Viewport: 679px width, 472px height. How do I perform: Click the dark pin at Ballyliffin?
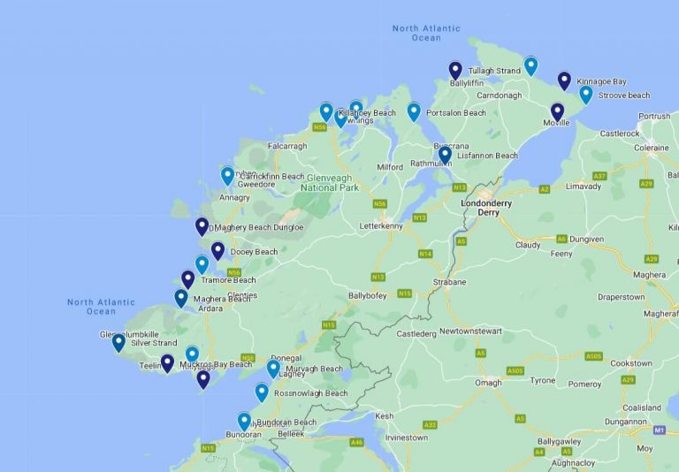click(455, 70)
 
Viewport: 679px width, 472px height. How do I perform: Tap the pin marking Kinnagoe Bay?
click(564, 80)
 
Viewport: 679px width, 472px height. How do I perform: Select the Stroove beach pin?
click(585, 95)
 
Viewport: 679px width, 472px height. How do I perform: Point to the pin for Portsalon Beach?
click(414, 111)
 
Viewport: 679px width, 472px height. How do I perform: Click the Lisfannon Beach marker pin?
click(445, 155)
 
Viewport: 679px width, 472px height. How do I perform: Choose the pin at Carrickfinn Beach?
click(227, 176)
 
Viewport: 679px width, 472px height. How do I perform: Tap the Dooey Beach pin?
click(217, 251)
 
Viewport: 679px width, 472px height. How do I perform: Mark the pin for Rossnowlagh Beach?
click(262, 392)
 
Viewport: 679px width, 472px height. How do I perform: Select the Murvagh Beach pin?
click(273, 369)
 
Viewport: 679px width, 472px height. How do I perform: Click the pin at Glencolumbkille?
click(118, 342)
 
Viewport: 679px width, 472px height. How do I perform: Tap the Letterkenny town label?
click(381, 225)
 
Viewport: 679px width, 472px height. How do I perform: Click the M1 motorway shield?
click(660, 430)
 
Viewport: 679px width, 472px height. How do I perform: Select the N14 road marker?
click(425, 254)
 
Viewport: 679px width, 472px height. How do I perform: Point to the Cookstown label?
click(631, 363)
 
